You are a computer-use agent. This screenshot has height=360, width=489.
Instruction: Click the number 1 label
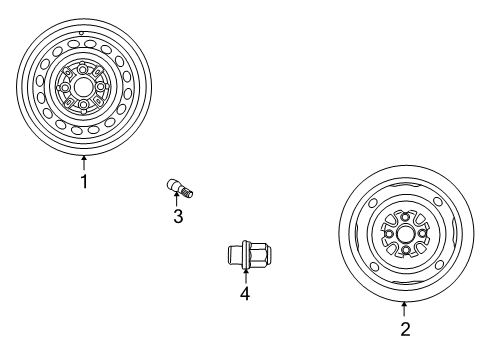coord(85,181)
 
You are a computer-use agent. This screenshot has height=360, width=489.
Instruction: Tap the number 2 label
coord(404,329)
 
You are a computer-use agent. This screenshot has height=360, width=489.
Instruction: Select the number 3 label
coord(178,216)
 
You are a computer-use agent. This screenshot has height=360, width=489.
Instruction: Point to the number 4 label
coord(243,293)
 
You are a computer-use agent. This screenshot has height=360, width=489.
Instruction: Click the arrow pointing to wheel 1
coord(85,161)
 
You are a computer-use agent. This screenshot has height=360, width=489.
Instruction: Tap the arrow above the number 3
coord(178,199)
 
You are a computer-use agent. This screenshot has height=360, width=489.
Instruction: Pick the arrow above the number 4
coord(243,275)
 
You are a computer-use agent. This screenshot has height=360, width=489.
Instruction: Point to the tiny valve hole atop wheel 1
coord(81,32)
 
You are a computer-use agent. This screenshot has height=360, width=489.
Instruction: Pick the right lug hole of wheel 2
coord(422,234)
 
